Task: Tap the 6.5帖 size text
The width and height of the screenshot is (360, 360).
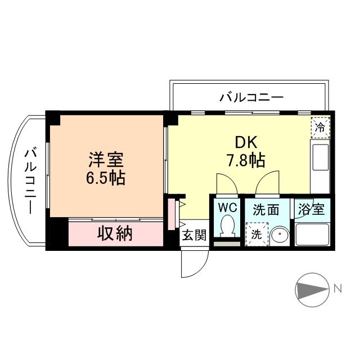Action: [x=106, y=179]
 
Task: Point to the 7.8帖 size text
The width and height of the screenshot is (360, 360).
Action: [x=246, y=161]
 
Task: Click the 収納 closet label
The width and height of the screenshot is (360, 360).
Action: [x=116, y=233]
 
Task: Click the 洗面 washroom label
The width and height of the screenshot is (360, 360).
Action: [x=266, y=210]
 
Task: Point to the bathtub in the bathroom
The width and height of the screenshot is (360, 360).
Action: [x=312, y=235]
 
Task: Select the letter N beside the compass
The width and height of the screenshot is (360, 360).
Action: [x=338, y=289]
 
